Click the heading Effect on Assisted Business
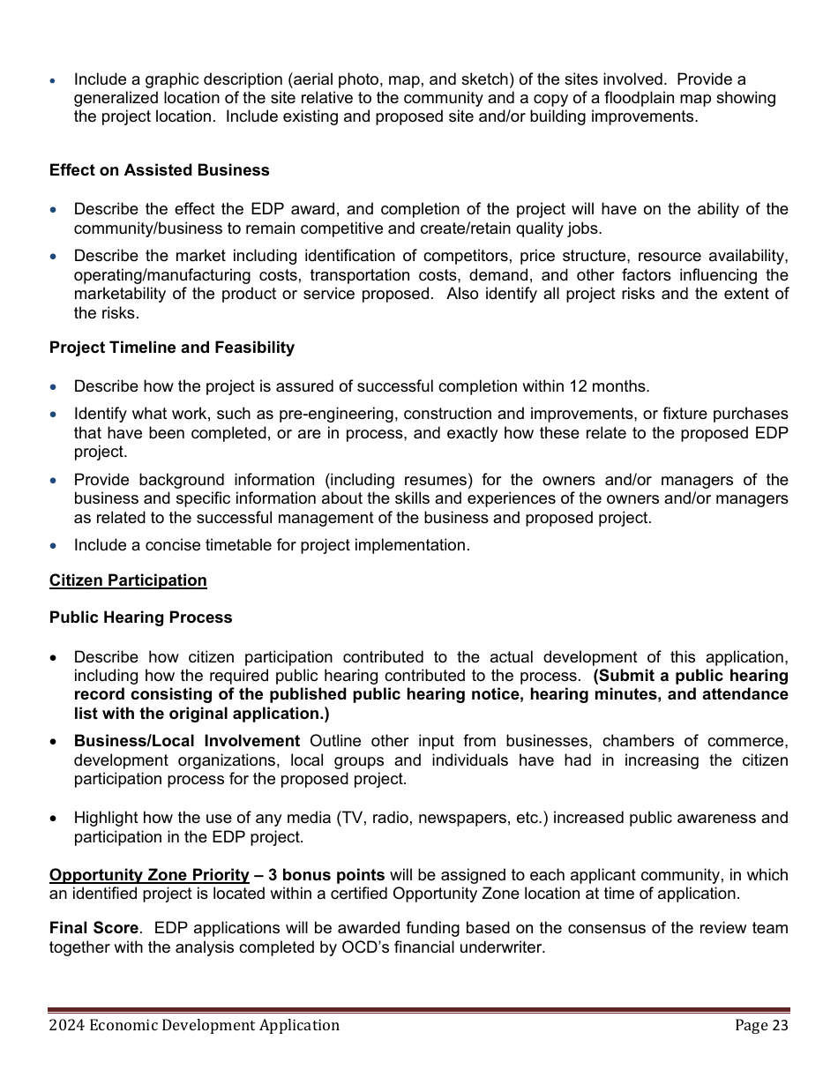click(x=159, y=170)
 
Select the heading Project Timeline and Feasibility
click(x=172, y=348)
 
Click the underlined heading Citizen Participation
click(x=128, y=580)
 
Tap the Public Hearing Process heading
click(x=140, y=617)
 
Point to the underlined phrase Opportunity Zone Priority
click(x=149, y=875)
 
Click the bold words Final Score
click(x=94, y=928)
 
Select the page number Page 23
click(x=761, y=1025)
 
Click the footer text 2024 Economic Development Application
click(x=194, y=1025)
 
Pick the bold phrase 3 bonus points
click(x=326, y=875)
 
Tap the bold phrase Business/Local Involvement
click(x=187, y=741)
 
